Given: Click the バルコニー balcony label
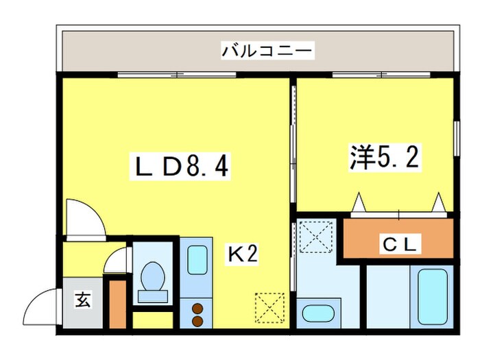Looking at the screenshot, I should pos(267,51).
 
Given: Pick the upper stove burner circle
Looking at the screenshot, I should pos(198,308).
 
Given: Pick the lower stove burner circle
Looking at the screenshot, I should pos(198,320).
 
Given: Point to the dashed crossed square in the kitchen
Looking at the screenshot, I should pos(269,307).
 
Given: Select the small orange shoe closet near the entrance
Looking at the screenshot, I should pos(117,303).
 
